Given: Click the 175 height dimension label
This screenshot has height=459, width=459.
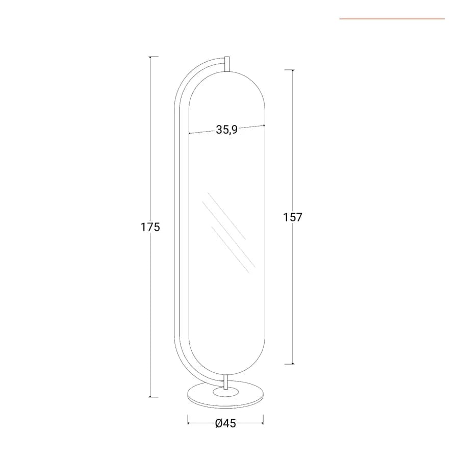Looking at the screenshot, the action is pyautogui.click(x=150, y=227).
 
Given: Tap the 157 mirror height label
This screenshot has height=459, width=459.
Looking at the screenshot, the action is pyautogui.click(x=292, y=217).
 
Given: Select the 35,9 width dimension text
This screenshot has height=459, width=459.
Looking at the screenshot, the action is pyautogui.click(x=226, y=130).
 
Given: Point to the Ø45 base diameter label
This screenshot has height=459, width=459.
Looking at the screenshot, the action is pyautogui.click(x=225, y=423).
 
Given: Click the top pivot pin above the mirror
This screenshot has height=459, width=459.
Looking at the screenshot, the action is pyautogui.click(x=227, y=64).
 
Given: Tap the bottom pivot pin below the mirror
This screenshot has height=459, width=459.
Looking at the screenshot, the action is pyautogui.click(x=226, y=381).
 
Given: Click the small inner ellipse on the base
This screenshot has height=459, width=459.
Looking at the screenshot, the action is pyautogui.click(x=225, y=392).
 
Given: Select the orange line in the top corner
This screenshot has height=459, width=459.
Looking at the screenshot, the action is pyautogui.click(x=392, y=19).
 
